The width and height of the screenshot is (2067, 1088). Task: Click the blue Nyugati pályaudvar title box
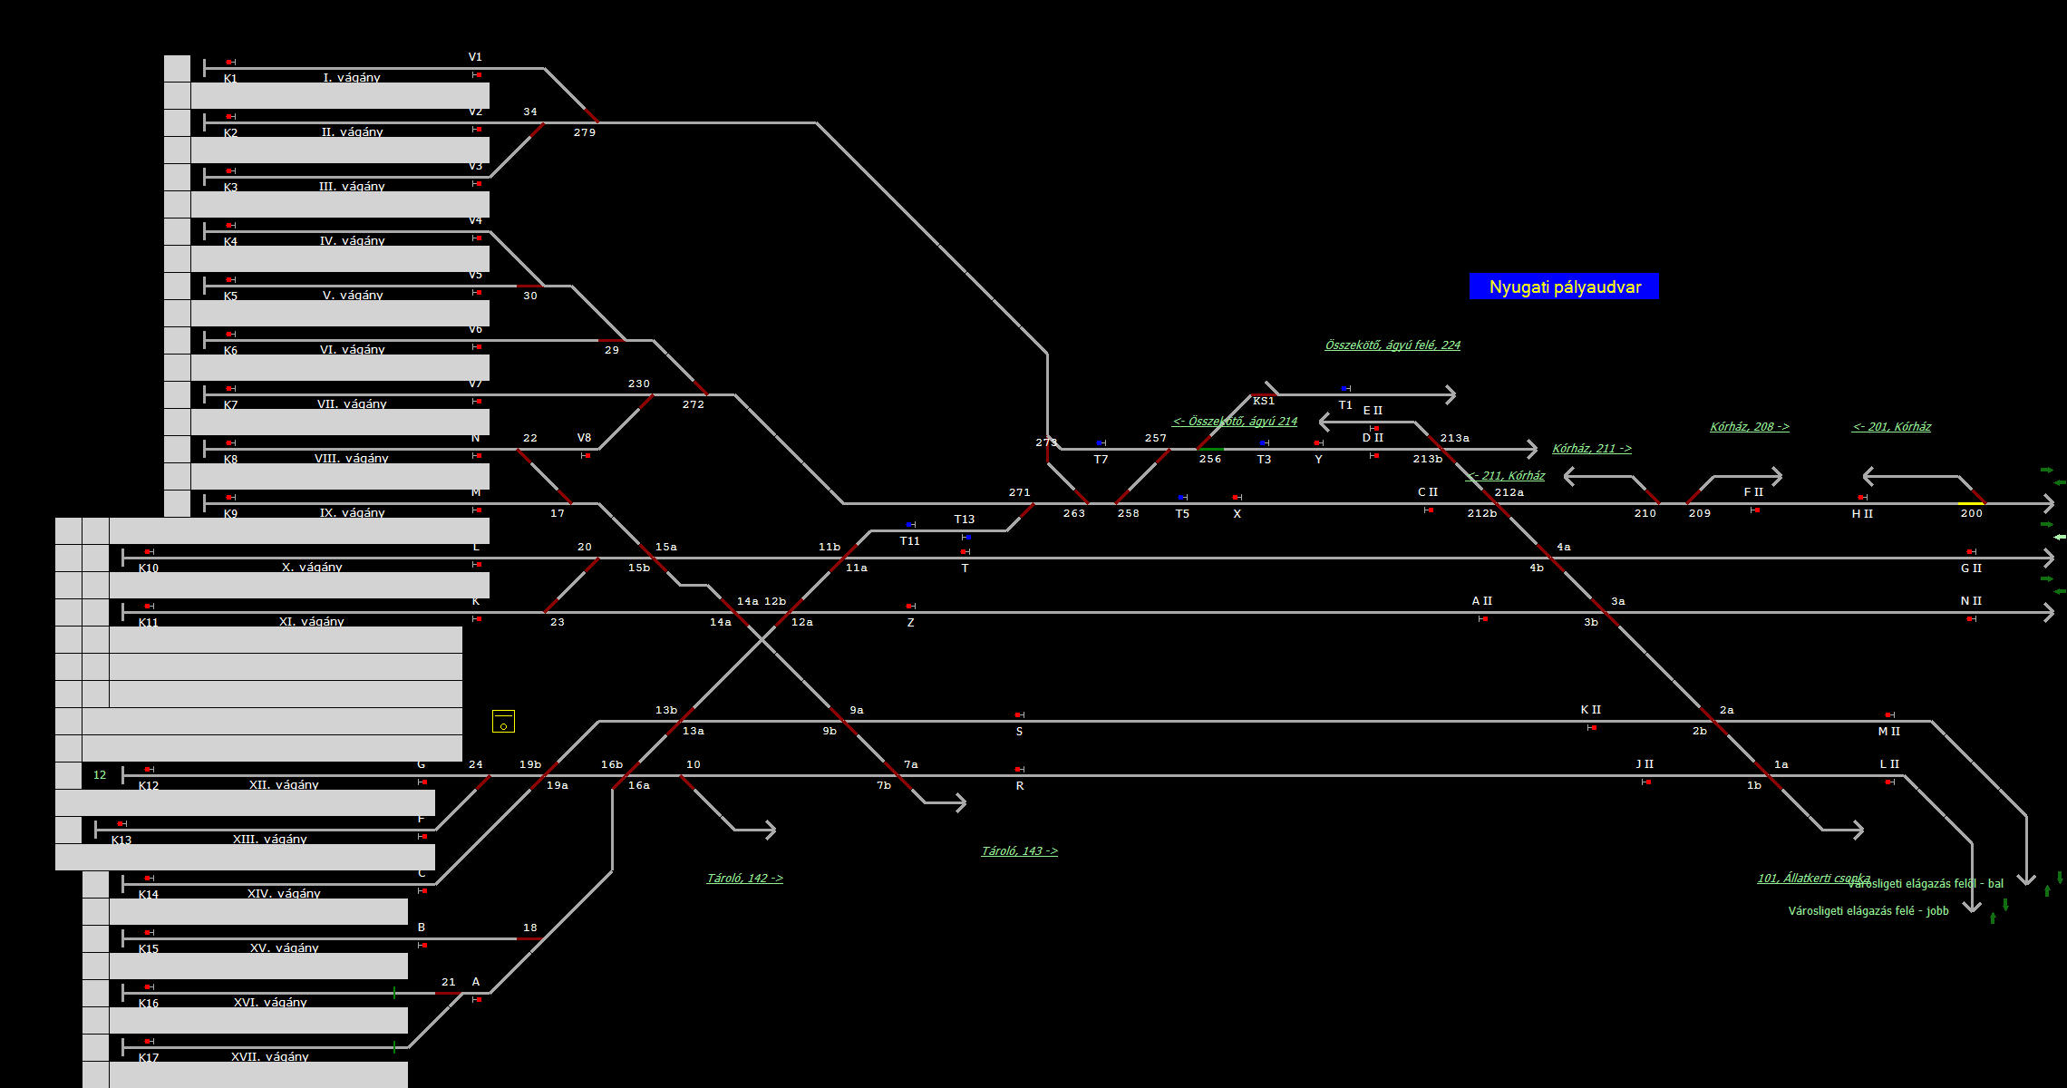pyautogui.click(x=1564, y=287)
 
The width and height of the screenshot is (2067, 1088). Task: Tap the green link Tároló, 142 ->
pyautogui.click(x=744, y=878)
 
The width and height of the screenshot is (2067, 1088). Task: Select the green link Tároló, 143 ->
pyautogui.click(x=1019, y=850)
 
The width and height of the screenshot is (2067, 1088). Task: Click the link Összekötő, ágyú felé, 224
pyautogui.click(x=1393, y=345)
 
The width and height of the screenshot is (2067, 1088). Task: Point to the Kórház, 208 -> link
pyautogui.click(x=1749, y=426)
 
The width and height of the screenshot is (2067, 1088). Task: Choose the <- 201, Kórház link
pyautogui.click(x=1891, y=426)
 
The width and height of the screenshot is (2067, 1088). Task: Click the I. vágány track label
pyautogui.click(x=352, y=78)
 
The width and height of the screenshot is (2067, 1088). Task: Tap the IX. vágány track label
pyautogui.click(x=352, y=513)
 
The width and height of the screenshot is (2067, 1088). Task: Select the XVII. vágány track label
pyautogui.click(x=269, y=1057)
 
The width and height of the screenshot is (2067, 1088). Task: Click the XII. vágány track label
pyautogui.click(x=284, y=785)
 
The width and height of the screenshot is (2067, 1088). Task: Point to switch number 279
pyautogui.click(x=585, y=132)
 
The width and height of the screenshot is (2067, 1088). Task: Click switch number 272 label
pyautogui.click(x=694, y=404)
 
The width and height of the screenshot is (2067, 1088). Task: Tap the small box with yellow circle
pyautogui.click(x=503, y=722)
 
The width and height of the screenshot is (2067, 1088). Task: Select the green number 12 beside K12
pyautogui.click(x=100, y=775)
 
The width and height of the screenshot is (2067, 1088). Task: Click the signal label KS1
pyautogui.click(x=1263, y=401)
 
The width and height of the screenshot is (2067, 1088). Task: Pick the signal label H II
pyautogui.click(x=1862, y=514)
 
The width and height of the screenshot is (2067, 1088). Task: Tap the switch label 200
pyautogui.click(x=1971, y=513)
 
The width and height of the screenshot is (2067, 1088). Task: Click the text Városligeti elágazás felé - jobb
pyautogui.click(x=1868, y=910)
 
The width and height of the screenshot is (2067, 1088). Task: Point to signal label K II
pyautogui.click(x=1590, y=710)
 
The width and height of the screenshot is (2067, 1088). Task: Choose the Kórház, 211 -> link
pyautogui.click(x=1591, y=448)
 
